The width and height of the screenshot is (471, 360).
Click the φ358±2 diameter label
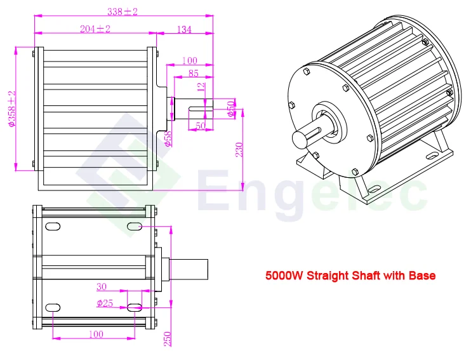[11, 109]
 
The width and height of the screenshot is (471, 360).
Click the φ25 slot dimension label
[105, 303]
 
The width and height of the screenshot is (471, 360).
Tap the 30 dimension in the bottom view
[101, 286]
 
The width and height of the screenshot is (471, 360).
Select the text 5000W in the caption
[283, 276]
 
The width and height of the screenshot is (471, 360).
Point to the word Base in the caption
[421, 276]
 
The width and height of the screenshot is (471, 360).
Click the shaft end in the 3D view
[303, 138]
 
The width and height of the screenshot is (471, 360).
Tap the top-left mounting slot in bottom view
[53, 227]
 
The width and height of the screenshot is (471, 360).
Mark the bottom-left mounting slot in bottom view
[53, 307]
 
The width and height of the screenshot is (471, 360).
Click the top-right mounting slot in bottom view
[135, 227]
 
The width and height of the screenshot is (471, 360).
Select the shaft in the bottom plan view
[190, 267]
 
